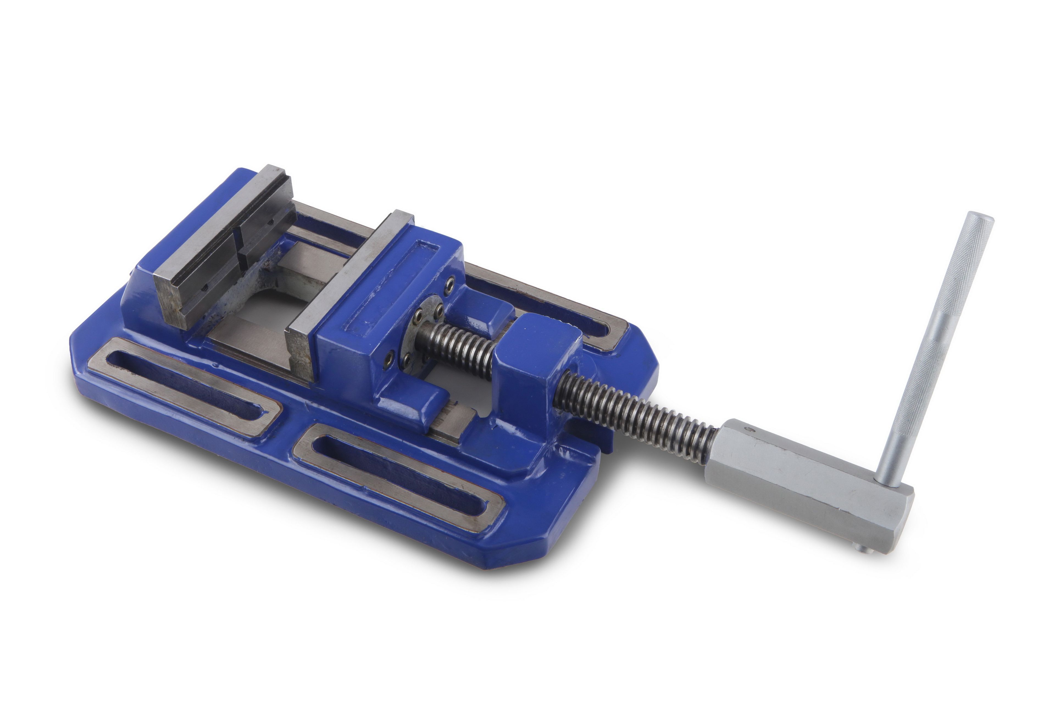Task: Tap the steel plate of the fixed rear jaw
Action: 215,251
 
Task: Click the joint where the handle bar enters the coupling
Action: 888,485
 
